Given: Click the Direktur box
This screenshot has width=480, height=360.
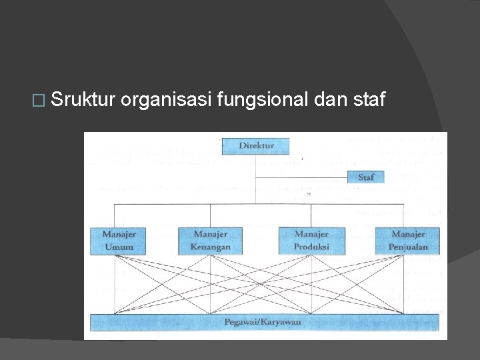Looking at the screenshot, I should (257, 145).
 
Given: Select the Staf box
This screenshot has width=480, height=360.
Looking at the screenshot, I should (366, 177).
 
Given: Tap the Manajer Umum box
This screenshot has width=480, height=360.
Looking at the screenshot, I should (119, 241).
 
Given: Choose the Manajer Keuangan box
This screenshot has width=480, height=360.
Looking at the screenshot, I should (211, 241).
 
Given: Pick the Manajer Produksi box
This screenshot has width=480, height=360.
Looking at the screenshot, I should (311, 241).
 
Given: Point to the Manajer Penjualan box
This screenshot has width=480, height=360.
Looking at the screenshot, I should (408, 241).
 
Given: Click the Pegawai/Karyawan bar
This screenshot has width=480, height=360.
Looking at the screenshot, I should (265, 322).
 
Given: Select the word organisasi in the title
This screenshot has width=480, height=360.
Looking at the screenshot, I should (165, 101).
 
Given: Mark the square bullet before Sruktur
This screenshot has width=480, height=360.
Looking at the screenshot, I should (38, 101).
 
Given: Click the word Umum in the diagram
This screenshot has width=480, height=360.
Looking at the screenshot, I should (119, 247).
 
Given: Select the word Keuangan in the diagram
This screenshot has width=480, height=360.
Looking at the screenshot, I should (211, 247).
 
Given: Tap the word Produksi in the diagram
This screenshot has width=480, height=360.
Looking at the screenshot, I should (311, 247).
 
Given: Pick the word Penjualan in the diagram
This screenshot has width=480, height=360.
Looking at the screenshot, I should (408, 247).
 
